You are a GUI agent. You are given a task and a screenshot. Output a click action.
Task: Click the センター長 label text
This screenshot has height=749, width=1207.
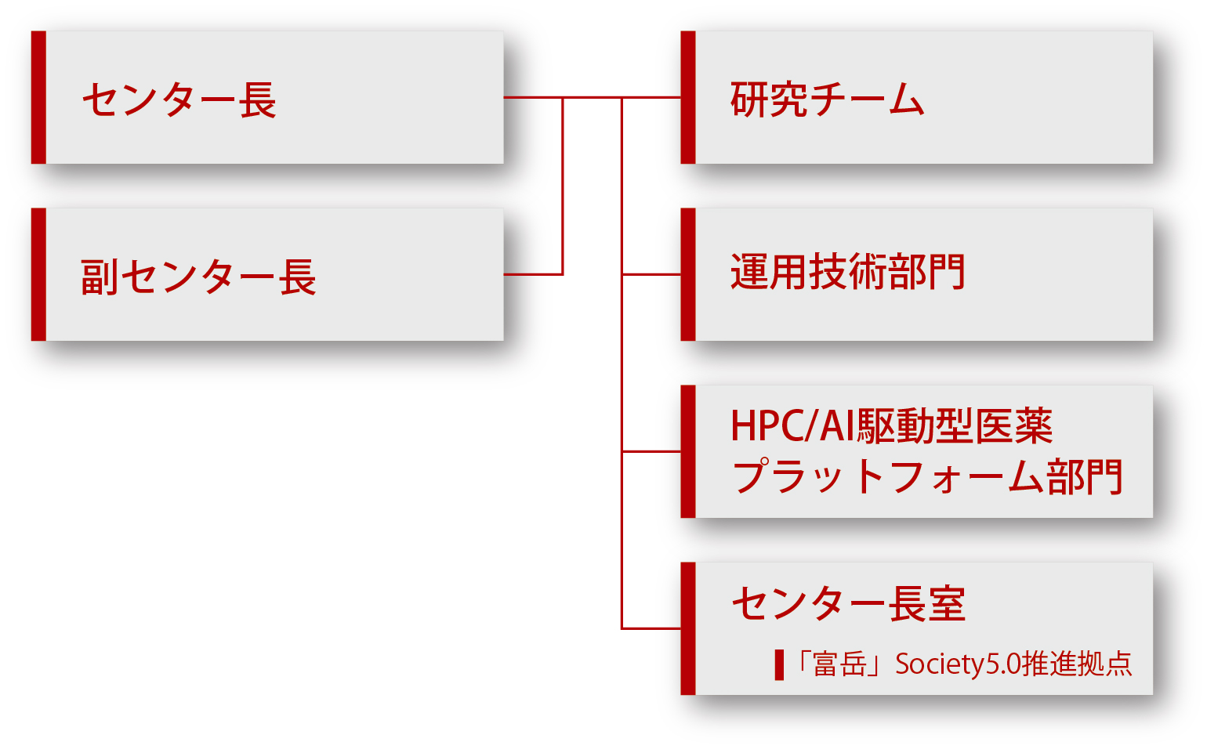click(x=179, y=100)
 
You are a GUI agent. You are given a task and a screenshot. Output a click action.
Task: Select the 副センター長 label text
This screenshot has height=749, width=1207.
click(x=199, y=277)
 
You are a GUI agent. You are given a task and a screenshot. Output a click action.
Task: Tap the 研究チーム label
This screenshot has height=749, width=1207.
click(x=828, y=99)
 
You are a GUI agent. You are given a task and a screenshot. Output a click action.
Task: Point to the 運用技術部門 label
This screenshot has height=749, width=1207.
click(x=847, y=271)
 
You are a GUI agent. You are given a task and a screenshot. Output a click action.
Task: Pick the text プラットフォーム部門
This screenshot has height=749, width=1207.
click(x=926, y=476)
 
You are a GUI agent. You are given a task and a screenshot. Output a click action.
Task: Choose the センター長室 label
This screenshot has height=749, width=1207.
click(x=848, y=604)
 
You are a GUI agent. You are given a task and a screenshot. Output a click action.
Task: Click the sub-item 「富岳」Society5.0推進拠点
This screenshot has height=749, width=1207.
click(x=962, y=664)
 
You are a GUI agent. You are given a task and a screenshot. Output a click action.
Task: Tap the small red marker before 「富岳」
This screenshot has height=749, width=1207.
click(x=779, y=665)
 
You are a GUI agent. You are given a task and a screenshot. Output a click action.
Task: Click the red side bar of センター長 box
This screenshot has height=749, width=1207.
click(x=39, y=97)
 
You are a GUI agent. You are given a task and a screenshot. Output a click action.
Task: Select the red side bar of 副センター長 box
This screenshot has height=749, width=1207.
click(x=39, y=275)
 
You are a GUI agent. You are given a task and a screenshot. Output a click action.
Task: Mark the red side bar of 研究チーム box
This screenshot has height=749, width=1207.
click(x=688, y=97)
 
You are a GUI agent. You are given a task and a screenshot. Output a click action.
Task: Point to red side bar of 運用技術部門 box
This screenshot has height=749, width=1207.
click(x=688, y=275)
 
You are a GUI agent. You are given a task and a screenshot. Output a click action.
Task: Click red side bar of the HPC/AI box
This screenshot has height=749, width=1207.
click(x=688, y=452)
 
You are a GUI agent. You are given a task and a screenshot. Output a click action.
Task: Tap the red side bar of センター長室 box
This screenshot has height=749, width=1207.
click(x=688, y=629)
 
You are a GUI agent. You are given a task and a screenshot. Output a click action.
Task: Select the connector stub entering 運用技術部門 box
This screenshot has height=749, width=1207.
click(x=651, y=275)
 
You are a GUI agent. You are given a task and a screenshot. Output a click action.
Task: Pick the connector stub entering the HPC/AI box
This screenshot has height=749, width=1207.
click(x=651, y=452)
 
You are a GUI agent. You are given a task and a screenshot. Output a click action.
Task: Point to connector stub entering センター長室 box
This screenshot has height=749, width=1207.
click(x=651, y=629)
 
